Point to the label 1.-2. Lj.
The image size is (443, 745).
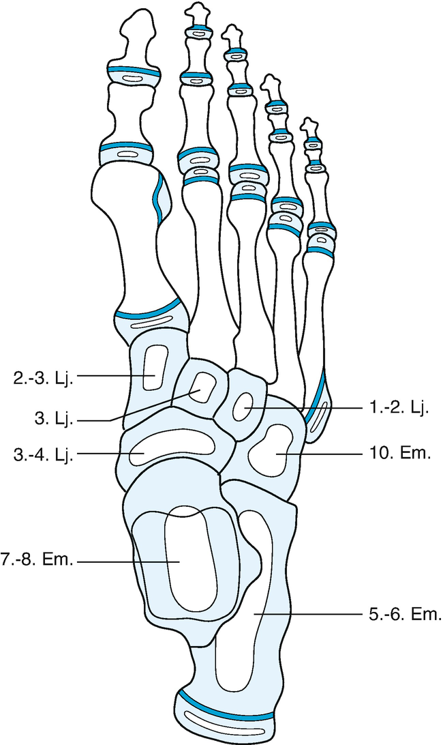point(403,409)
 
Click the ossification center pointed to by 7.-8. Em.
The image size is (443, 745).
point(192,559)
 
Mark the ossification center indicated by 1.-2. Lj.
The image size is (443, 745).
point(243,408)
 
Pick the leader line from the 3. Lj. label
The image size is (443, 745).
point(136,411)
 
